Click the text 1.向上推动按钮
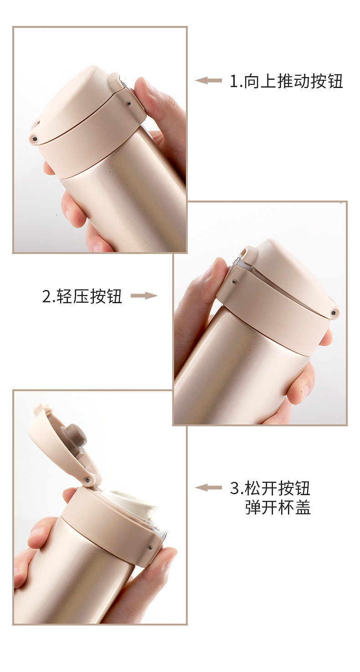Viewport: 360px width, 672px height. pyautogui.click(x=286, y=81)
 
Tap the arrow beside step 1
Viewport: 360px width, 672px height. pyautogui.click(x=208, y=81)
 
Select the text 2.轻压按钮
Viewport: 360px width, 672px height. pyautogui.click(x=82, y=296)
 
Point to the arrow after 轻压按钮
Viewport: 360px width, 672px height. pyautogui.click(x=144, y=296)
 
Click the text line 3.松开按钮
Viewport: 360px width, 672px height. pyautogui.click(x=270, y=488)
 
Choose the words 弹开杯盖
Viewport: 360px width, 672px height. pyautogui.click(x=278, y=507)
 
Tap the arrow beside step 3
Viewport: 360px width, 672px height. pyautogui.click(x=208, y=488)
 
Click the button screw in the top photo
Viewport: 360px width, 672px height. pyautogui.click(x=129, y=104)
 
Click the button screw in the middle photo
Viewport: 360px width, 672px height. pyautogui.click(x=234, y=282)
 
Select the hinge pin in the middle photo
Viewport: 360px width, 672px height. pyautogui.click(x=334, y=312)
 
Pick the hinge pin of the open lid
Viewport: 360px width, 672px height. pyautogui.click(x=87, y=479)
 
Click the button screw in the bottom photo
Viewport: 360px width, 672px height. pyautogui.click(x=150, y=547)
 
